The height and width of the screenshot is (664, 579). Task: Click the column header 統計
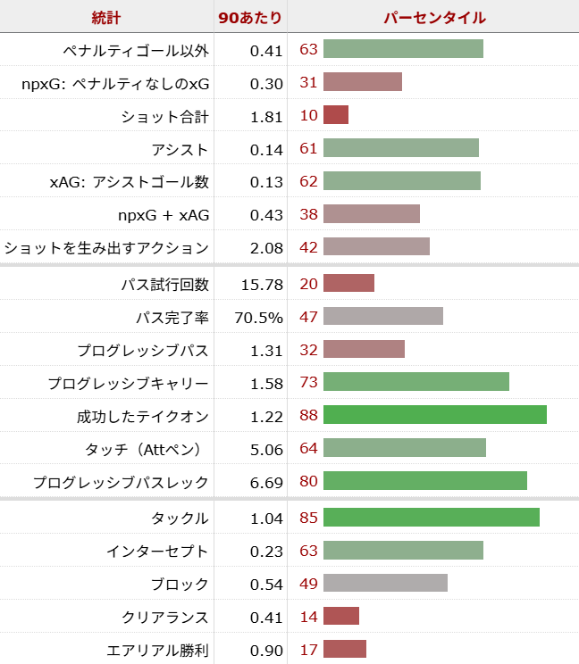click(x=106, y=18)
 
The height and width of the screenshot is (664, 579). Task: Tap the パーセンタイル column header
click(x=434, y=18)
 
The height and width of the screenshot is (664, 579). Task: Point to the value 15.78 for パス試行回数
click(x=262, y=285)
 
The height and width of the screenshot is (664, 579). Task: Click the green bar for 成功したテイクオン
click(x=434, y=415)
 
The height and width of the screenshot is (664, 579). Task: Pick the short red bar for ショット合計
click(x=336, y=115)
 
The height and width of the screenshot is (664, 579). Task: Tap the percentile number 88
click(x=308, y=415)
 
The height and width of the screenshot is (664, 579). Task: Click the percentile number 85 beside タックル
click(x=308, y=518)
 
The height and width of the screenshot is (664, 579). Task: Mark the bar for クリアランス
click(x=341, y=617)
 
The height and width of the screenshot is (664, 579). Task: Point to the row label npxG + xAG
click(x=164, y=214)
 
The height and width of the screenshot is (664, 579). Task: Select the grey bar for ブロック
click(x=385, y=584)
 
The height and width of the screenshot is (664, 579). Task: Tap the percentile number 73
click(x=308, y=383)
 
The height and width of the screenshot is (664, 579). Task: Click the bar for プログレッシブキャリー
click(x=415, y=382)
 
